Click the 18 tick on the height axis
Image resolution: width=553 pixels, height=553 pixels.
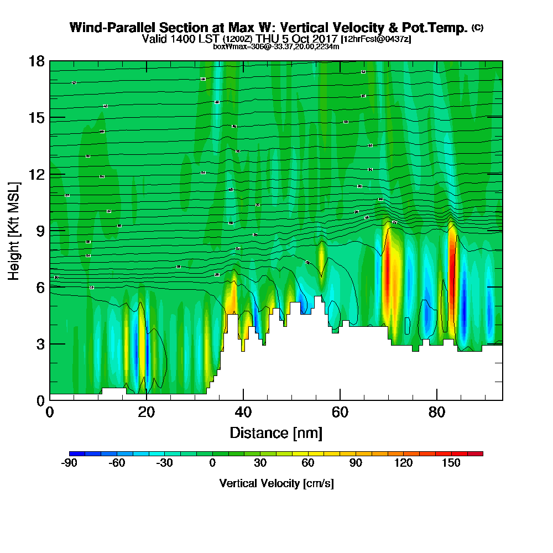click(36, 61)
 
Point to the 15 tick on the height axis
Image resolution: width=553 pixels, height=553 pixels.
click(36, 118)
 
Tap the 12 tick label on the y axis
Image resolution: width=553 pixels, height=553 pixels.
click(36, 174)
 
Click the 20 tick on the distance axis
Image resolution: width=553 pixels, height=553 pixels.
click(146, 412)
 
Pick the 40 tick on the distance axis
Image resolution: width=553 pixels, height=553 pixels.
click(243, 412)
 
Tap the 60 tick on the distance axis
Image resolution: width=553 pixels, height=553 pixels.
click(340, 412)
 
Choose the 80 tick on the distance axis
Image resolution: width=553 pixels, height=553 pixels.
click(437, 412)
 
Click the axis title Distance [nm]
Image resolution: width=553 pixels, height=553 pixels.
click(276, 432)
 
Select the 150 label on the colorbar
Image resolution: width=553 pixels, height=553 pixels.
click(451, 463)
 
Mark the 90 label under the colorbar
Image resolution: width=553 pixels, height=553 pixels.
click(356, 463)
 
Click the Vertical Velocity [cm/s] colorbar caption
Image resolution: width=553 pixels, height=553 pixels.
click(276, 483)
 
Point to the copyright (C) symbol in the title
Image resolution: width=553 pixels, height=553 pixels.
click(477, 28)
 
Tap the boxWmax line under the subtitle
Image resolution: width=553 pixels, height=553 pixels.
click(276, 46)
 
